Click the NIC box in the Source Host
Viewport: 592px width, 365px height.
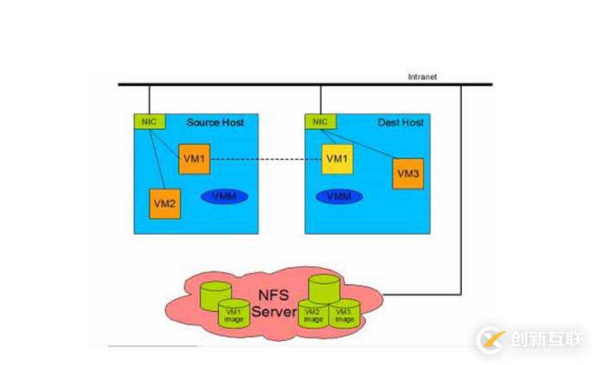point(148,122)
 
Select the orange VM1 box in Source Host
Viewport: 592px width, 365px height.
point(194,159)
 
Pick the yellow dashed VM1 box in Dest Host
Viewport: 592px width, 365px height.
point(337,159)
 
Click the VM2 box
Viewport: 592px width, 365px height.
point(164,203)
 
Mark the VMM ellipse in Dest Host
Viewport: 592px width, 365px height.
point(339,196)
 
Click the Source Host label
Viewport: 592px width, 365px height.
point(215,122)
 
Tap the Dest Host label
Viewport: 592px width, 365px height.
point(401,122)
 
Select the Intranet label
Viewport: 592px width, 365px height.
point(422,77)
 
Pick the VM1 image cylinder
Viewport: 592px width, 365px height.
point(233,313)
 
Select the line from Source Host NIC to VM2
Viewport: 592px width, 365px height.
point(151,159)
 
